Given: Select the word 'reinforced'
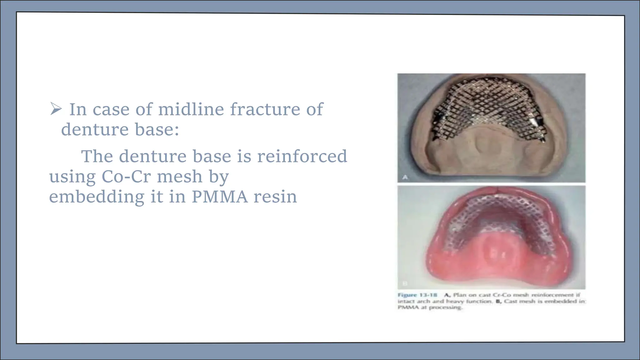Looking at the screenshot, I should [302, 156].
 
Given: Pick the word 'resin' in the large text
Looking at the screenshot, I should [275, 197].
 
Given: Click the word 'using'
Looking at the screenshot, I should [72, 177].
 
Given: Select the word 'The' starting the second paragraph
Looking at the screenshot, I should [97, 156].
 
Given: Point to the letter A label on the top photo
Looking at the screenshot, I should [405, 177].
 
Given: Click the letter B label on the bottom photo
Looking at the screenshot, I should [405, 283].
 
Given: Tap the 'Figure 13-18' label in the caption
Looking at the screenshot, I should [417, 295].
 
